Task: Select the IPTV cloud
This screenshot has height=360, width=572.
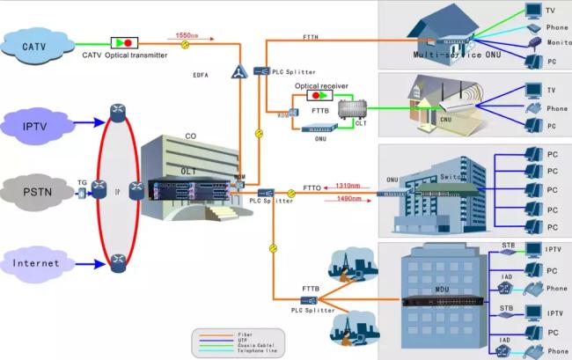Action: tap(35, 126)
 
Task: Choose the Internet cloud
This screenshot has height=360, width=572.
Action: tap(36, 262)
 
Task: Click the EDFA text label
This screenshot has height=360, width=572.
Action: tap(202, 75)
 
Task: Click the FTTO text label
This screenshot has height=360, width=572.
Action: tap(312, 187)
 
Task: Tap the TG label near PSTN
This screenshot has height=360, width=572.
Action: tap(82, 182)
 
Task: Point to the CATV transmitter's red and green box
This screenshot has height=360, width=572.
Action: tap(123, 42)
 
